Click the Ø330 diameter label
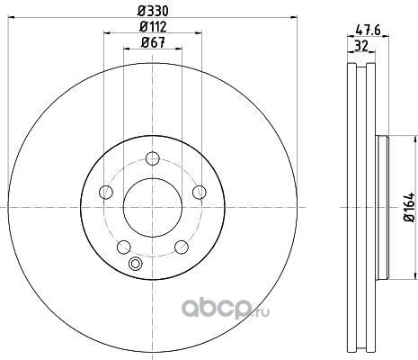(153, 11)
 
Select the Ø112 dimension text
(153, 27)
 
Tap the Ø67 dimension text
(153, 43)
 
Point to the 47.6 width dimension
(368, 30)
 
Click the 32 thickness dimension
(361, 46)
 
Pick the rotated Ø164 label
(409, 207)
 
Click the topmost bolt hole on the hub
(153, 158)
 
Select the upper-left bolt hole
(106, 192)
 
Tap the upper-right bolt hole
(200, 192)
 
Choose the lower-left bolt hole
(124, 247)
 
